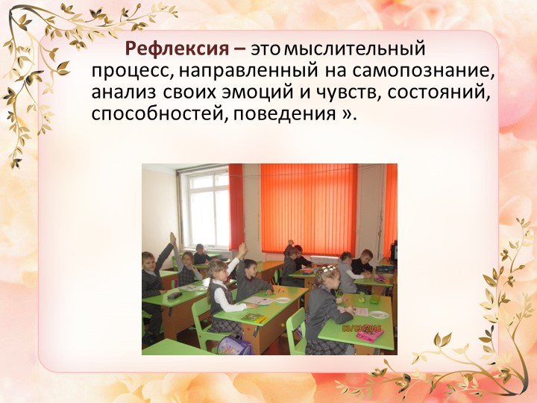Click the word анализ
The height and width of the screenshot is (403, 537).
coord(124,93)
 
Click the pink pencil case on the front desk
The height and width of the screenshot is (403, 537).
coord(369,335)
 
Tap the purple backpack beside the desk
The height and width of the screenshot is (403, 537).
coord(235,344)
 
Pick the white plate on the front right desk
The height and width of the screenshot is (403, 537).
coord(378,315)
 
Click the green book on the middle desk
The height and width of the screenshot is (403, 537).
coord(254,317)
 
